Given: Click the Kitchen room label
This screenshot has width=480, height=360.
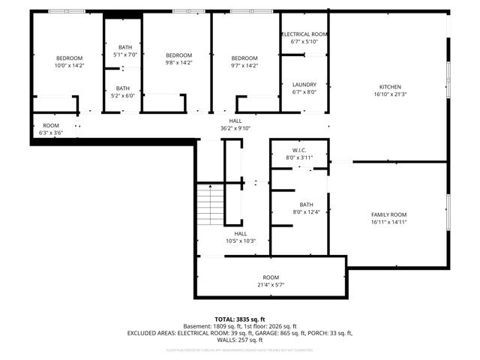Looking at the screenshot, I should (389, 87).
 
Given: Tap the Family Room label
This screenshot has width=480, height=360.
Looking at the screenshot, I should (388, 214).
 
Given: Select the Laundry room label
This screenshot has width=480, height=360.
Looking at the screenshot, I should (304, 85).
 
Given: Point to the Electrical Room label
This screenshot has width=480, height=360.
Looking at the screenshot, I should (304, 34).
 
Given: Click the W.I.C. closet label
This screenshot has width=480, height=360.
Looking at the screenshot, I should (298, 150).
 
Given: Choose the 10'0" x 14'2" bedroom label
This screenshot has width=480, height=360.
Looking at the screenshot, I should (69, 58).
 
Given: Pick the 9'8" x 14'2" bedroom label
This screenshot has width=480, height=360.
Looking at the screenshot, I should (178, 55).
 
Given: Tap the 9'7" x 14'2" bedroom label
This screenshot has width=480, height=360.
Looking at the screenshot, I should (244, 58).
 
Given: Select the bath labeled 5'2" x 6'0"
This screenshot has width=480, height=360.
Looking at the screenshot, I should (122, 88).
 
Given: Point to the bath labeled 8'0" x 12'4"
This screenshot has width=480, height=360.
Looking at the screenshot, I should (306, 205).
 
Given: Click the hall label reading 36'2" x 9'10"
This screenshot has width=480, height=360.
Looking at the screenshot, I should (235, 121).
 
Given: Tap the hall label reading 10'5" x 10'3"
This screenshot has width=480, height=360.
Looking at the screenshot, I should (241, 233).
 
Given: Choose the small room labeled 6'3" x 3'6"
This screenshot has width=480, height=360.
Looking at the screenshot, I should (51, 125).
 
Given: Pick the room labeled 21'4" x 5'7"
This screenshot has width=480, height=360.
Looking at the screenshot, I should (271, 277).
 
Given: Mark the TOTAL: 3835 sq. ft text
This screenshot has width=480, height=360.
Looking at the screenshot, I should (240, 319).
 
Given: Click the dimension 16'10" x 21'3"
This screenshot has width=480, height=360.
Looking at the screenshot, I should (389, 95).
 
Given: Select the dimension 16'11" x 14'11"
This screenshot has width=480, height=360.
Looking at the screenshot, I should (388, 223).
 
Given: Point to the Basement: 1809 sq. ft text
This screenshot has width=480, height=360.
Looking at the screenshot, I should (211, 326).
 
